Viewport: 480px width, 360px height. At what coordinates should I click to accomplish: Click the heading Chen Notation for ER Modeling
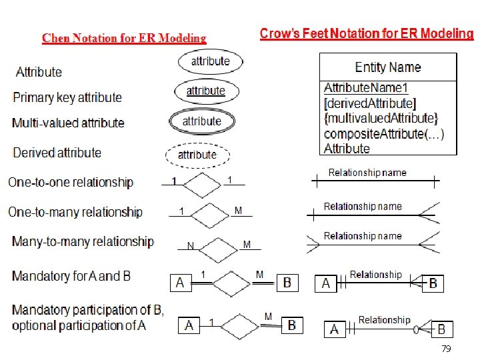pos(124,38)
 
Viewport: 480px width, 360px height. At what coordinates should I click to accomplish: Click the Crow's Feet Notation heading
pos(366,34)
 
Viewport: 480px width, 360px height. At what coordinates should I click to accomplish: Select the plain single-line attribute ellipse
pos(210,61)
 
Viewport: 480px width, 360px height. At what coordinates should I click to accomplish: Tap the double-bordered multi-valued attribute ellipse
pos(201,121)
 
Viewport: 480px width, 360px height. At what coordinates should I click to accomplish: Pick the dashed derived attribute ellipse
pos(197,155)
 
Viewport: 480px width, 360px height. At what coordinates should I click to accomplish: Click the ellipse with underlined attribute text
pos(205,91)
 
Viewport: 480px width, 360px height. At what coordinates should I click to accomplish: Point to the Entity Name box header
pos(388,67)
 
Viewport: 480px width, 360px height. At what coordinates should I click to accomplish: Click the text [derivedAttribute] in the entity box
pos(369,103)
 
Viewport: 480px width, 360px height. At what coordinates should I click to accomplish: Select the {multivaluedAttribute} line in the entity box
pos(381,118)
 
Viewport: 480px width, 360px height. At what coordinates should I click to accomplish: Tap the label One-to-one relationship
pos(71,182)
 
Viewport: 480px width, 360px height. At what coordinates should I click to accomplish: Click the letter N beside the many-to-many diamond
pos(191,246)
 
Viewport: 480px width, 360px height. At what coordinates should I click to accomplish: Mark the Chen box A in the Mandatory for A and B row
pos(180,283)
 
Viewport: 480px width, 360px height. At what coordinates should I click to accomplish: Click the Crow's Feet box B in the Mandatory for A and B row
pos(433,283)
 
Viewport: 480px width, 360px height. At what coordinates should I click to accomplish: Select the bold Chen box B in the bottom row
pos(291,325)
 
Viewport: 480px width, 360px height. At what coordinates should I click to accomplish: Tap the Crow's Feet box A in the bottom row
pos(335,329)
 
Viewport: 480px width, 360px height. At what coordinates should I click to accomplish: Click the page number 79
pos(446,349)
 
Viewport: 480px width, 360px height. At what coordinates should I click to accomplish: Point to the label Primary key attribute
pos(67,97)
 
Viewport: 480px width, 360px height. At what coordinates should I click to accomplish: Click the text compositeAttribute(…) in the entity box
pos(384,133)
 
